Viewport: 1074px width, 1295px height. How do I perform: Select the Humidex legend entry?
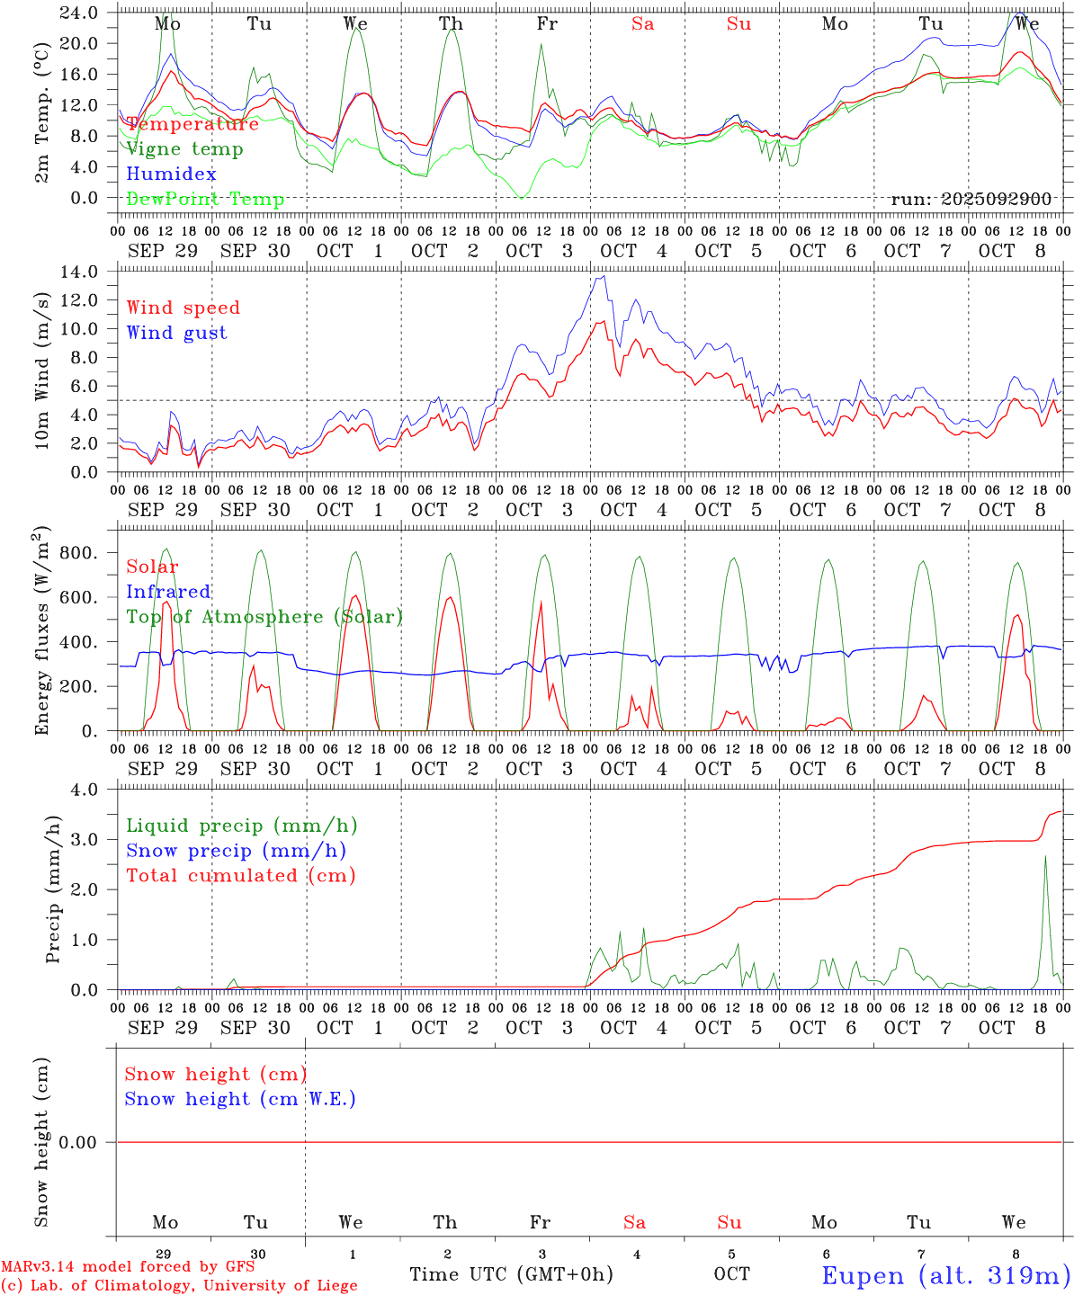pos(171,174)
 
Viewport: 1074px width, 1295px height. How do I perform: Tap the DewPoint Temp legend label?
pos(205,200)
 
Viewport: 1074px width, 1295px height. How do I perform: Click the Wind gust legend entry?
pos(176,333)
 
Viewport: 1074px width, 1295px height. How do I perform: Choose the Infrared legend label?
pos(168,592)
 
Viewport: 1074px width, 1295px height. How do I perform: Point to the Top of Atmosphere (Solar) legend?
pos(264,617)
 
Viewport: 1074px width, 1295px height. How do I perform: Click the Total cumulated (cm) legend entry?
pos(240,876)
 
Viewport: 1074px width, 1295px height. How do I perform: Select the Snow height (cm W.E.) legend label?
pos(239,1099)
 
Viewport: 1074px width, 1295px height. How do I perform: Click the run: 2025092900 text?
pos(971,200)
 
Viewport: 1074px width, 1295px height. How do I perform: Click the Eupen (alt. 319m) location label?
pos(945,1275)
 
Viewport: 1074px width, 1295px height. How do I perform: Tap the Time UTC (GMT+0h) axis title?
pos(511,1274)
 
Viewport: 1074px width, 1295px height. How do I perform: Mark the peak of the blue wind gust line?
pos(604,276)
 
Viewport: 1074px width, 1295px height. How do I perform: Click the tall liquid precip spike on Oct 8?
pos(1045,856)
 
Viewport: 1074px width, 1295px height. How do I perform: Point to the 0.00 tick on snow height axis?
pos(89,1143)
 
